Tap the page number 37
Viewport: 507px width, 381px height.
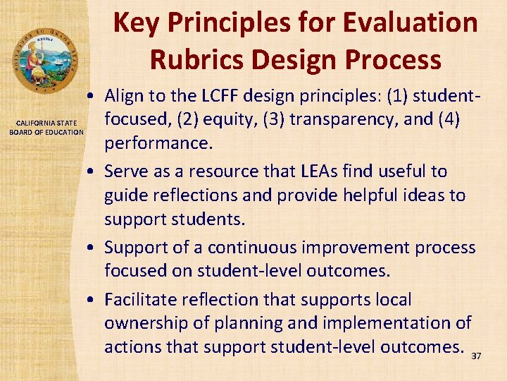point(476,356)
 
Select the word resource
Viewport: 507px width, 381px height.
point(227,171)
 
